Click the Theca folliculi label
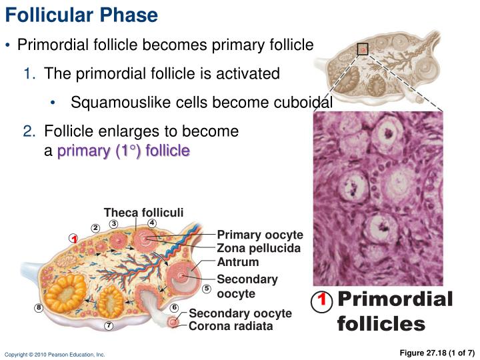point(143,213)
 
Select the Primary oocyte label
point(260,235)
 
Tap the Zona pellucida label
point(259,249)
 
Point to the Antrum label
point(238,262)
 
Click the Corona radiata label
point(231,327)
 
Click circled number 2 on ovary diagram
point(95,229)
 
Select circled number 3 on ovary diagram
point(114,223)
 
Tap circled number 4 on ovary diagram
point(152,223)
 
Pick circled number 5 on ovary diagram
point(207,289)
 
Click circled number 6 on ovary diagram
point(174,307)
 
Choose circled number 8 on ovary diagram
point(39,307)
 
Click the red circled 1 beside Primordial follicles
point(321,301)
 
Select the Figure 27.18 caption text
point(437,352)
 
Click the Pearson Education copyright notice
point(55,355)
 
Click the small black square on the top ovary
point(363,49)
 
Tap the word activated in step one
point(247,73)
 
